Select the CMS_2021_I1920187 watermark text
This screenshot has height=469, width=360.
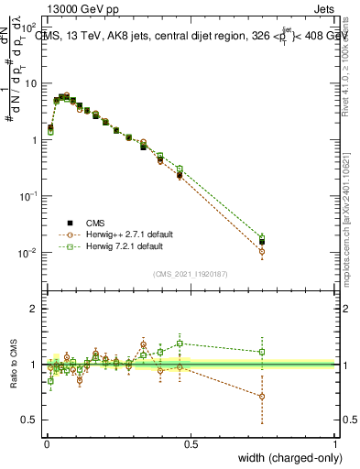[x=191, y=273]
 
